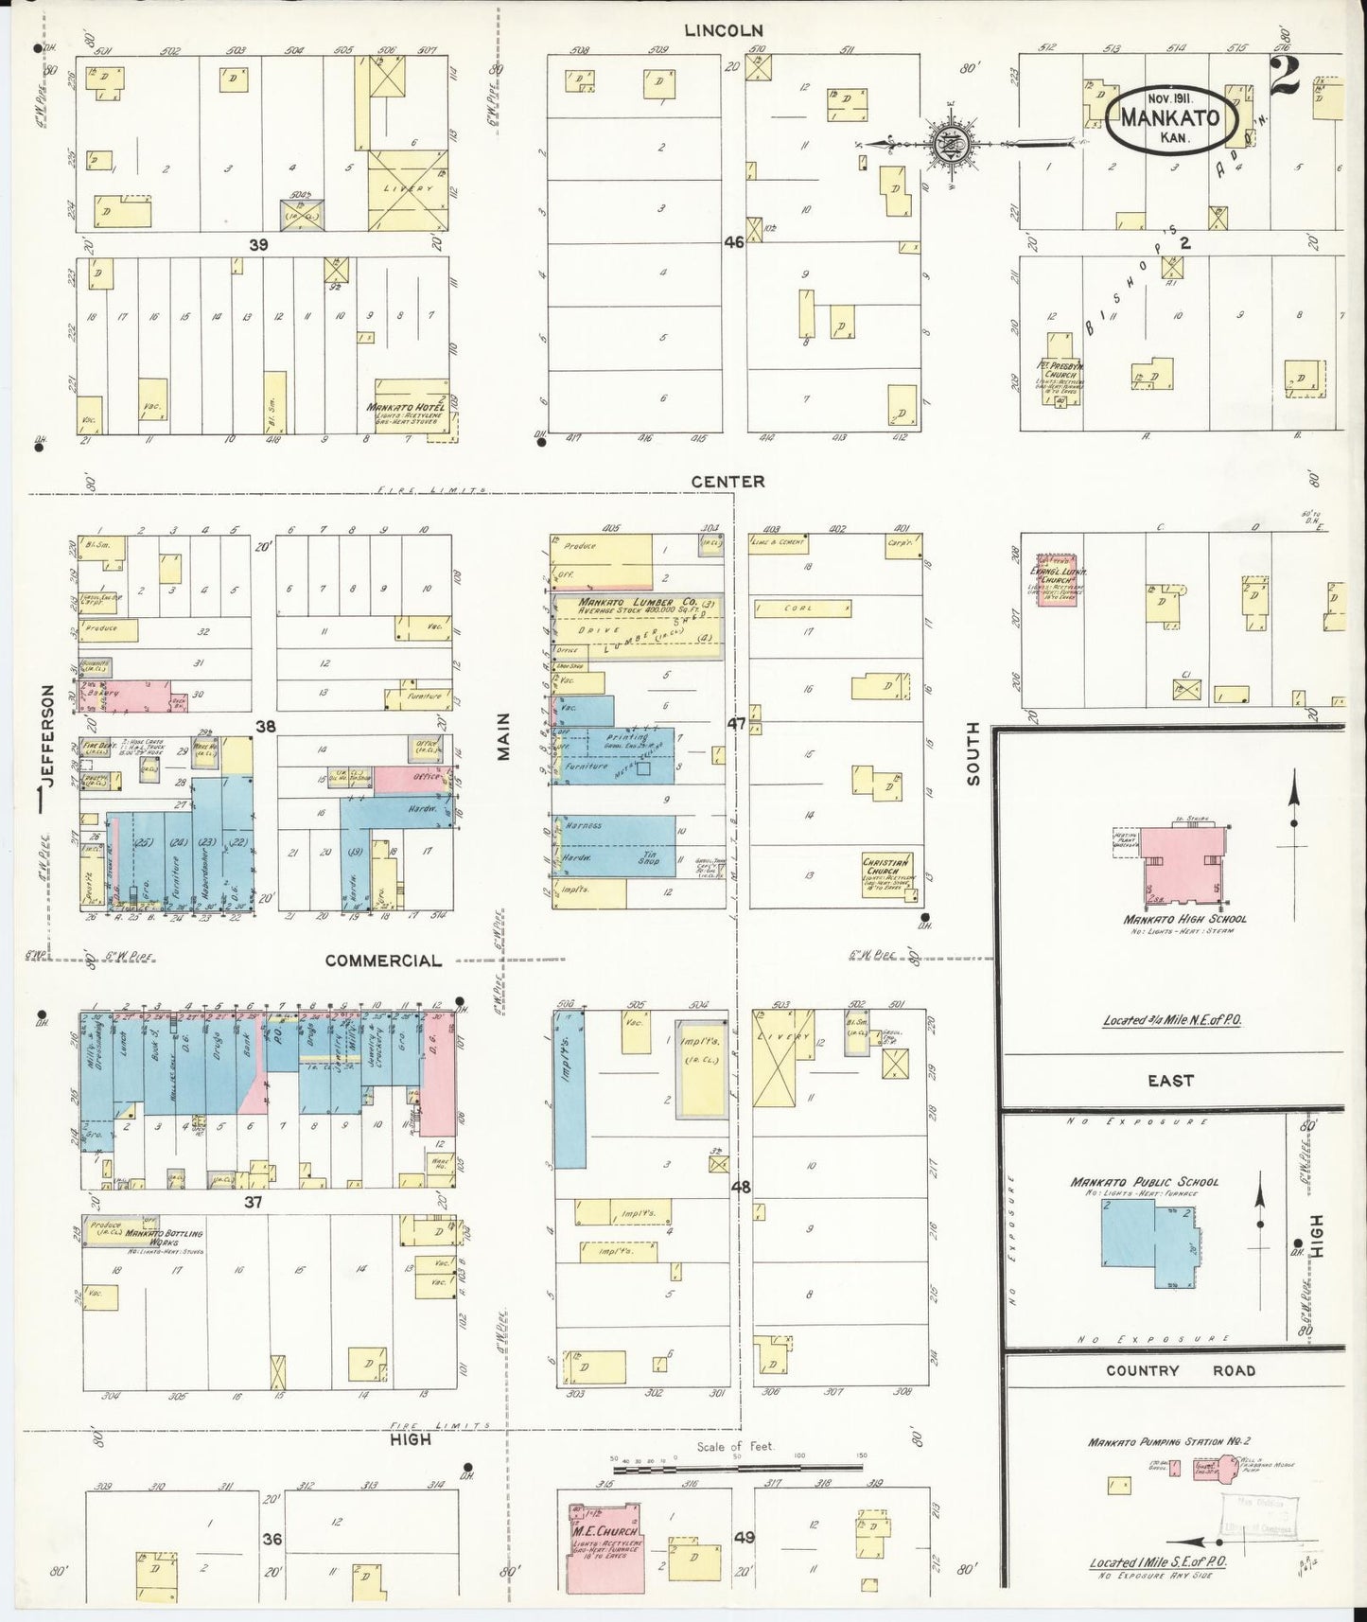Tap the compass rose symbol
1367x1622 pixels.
(x=945, y=144)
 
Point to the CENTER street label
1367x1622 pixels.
(x=727, y=482)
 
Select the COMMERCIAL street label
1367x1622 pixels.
(x=383, y=961)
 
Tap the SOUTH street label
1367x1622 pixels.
(x=973, y=767)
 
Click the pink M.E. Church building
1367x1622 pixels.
(x=605, y=1547)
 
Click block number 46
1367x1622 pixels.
(x=734, y=242)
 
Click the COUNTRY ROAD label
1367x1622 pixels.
(x=1180, y=1370)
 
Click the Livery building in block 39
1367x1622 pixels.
(x=407, y=189)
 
